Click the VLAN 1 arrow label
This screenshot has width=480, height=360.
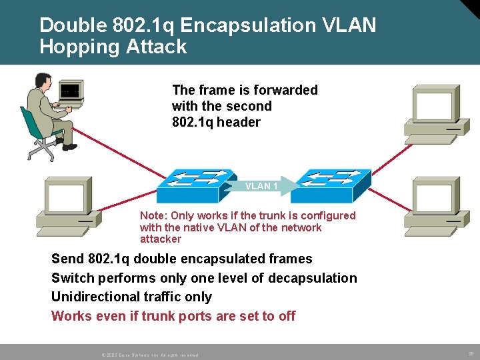point(262,186)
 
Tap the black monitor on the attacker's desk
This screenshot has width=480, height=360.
point(69,93)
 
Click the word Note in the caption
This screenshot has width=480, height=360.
point(153,215)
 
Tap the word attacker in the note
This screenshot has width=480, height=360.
point(161,239)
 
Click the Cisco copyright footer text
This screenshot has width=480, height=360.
point(150,355)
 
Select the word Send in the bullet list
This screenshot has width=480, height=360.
point(67,259)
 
